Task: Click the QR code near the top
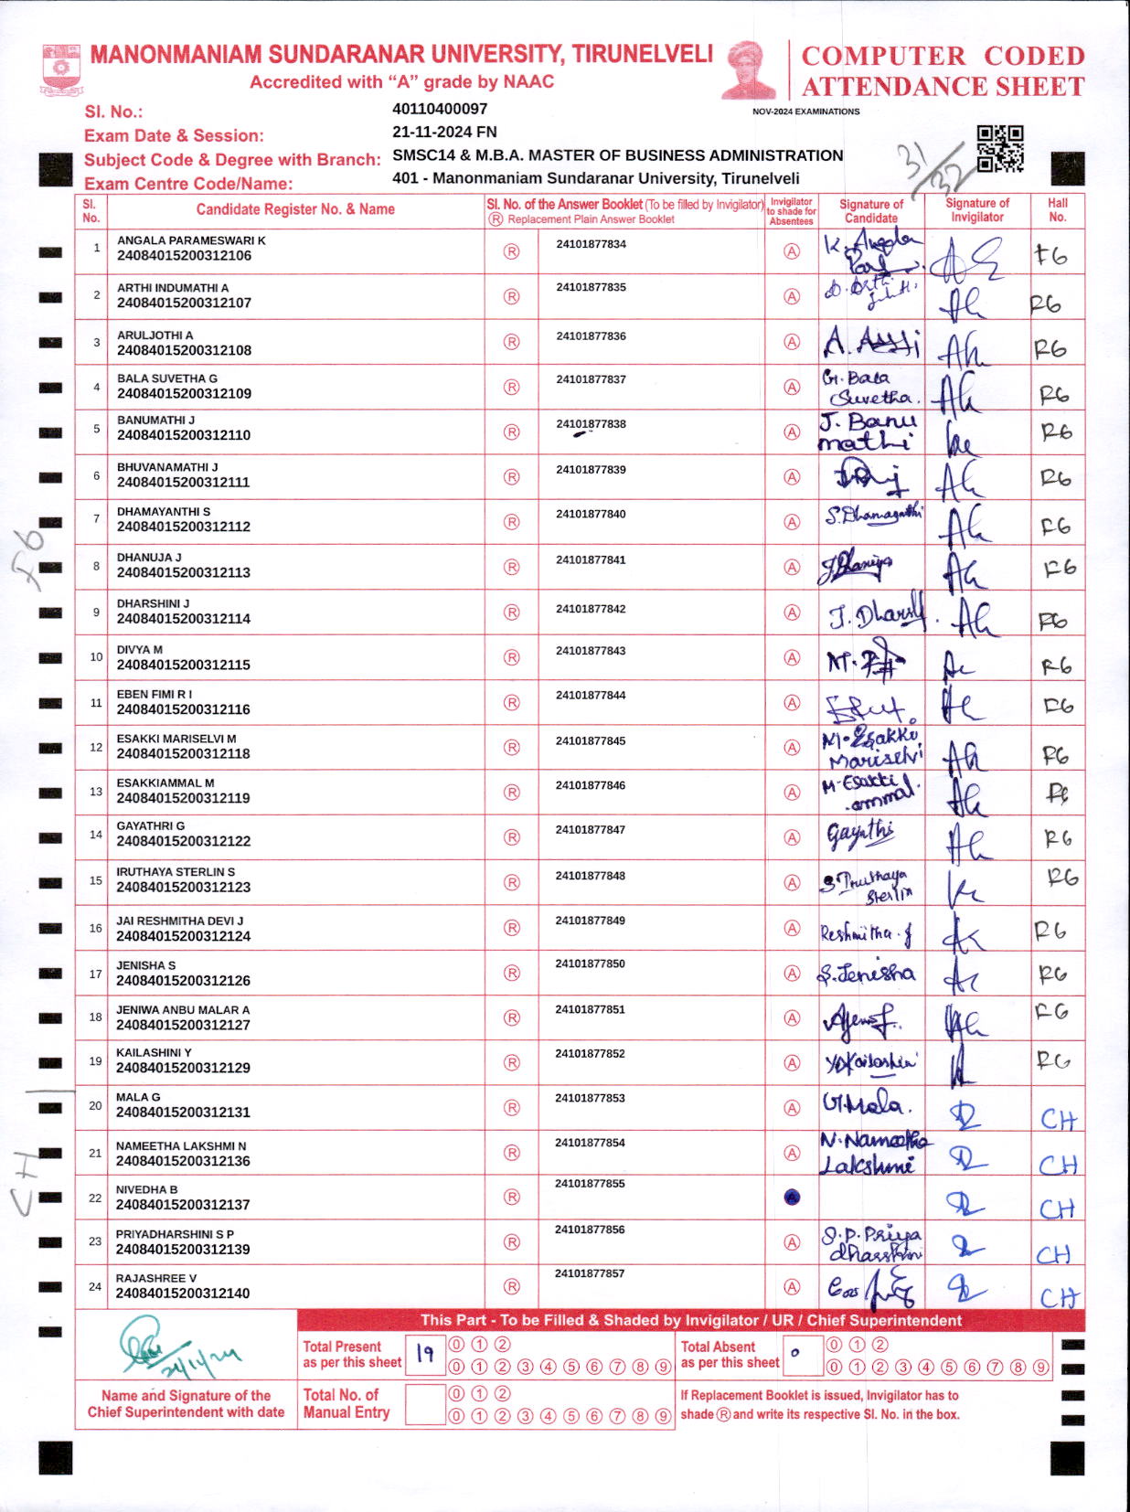tap(1000, 148)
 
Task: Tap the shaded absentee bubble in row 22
tap(792, 1198)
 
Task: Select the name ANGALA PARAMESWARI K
tap(191, 240)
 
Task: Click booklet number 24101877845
tap(591, 741)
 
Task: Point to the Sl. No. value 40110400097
tap(440, 109)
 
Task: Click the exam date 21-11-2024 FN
tap(444, 132)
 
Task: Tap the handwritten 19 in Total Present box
tap(425, 1354)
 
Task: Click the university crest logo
tap(61, 69)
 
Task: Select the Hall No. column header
tap(1057, 210)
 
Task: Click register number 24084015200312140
tap(183, 1294)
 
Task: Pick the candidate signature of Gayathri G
tap(860, 834)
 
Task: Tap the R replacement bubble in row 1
tap(511, 251)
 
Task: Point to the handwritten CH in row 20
tap(1058, 1119)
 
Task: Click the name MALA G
tap(138, 1097)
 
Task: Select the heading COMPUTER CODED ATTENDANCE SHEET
tap(943, 71)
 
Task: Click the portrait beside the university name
tap(749, 69)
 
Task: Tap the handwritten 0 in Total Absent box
tap(794, 1353)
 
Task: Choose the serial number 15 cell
tap(95, 881)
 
